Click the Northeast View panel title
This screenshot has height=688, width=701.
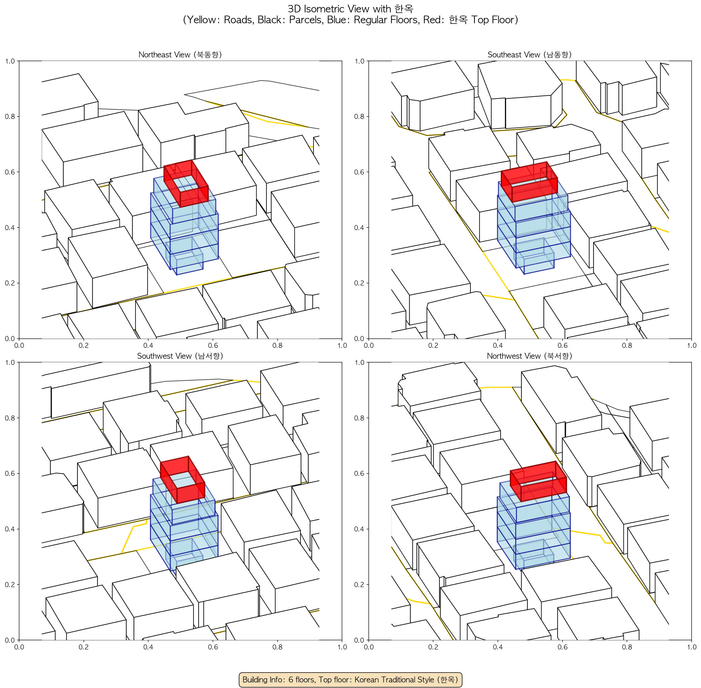click(180, 54)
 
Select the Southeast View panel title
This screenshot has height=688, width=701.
click(530, 54)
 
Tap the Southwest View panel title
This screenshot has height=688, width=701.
click(180, 356)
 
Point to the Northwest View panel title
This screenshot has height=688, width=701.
click(530, 356)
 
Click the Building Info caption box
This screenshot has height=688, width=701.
click(350, 679)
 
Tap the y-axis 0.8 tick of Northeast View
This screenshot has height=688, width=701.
click(10, 116)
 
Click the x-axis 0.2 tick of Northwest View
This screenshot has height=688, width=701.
click(433, 647)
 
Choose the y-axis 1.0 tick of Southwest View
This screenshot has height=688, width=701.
click(10, 363)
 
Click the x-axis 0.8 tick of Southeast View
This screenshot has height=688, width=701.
click(627, 345)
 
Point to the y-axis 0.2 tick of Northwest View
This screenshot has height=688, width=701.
click(360, 584)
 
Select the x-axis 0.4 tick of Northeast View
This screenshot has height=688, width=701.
click(148, 345)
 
